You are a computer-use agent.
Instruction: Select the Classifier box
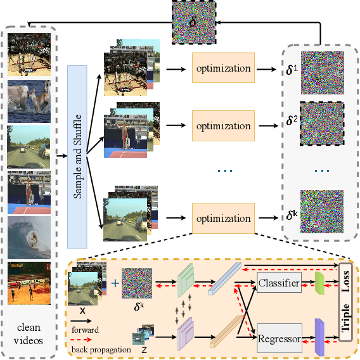[x=280, y=283]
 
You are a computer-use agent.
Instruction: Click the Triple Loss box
[x=345, y=301]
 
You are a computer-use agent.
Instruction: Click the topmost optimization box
[x=222, y=68]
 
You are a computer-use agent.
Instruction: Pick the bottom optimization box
[x=222, y=219]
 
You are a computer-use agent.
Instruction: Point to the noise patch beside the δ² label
[x=321, y=123]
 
